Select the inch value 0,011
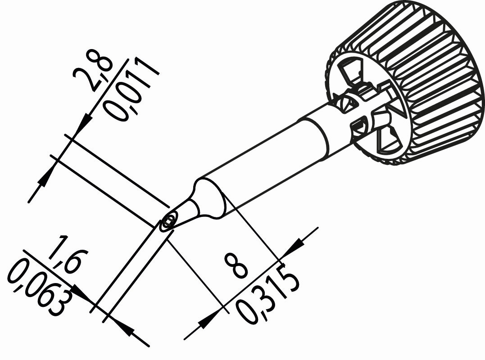130,90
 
